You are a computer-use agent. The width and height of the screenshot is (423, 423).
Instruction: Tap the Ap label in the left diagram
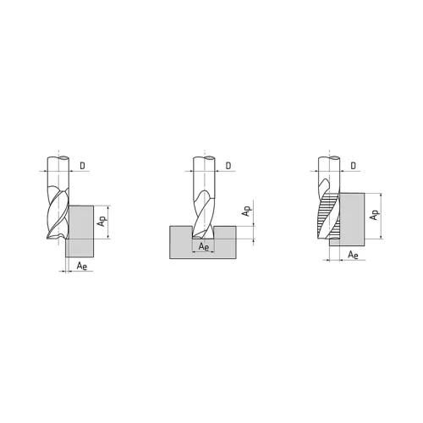[101, 221]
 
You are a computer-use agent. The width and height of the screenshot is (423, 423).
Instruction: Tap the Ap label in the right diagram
[374, 216]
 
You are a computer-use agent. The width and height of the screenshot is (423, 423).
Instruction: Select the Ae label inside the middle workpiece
[204, 246]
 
